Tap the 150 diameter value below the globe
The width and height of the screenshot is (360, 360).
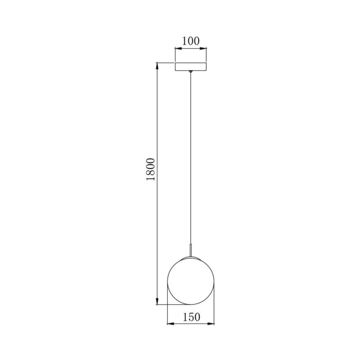pos(191,317)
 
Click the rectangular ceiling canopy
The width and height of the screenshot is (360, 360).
pos(191,67)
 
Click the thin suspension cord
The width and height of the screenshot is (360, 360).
pos(191,157)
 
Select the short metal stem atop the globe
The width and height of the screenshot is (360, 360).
pos(191,250)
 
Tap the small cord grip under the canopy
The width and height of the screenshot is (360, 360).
pos(191,72)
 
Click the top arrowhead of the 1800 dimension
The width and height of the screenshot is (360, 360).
pos(157,66)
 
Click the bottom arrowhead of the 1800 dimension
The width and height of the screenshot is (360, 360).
pos(157,302)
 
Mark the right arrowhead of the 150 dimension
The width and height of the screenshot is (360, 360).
pos(211,324)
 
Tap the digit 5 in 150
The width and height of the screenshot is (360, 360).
pos(191,317)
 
